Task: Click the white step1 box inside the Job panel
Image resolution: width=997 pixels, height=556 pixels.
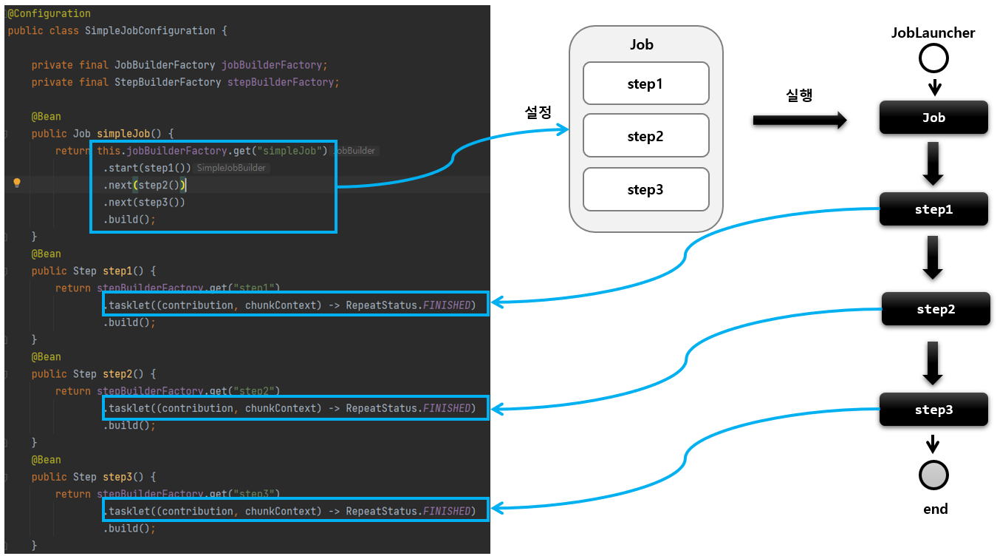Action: click(645, 84)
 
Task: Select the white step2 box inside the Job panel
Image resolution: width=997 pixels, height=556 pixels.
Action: click(645, 136)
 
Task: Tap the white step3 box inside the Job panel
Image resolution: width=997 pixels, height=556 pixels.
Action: click(645, 189)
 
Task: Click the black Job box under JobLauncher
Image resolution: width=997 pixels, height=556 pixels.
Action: click(933, 118)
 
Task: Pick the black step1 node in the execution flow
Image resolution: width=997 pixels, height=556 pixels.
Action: click(933, 209)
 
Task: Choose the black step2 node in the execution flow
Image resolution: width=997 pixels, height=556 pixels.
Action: click(936, 309)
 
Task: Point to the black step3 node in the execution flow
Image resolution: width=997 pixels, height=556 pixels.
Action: click(933, 410)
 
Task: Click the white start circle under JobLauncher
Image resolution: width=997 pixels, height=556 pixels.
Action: click(933, 58)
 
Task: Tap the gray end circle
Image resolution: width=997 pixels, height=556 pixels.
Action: click(933, 475)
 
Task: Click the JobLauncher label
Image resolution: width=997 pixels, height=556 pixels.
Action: click(933, 33)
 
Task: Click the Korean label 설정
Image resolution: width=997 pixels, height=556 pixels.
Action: click(538, 112)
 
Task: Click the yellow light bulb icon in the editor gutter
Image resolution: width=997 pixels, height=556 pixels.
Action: click(17, 184)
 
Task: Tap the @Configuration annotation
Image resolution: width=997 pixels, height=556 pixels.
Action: click(49, 13)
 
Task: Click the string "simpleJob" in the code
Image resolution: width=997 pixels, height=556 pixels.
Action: click(295, 151)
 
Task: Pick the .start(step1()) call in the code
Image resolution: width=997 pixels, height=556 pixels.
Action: click(148, 168)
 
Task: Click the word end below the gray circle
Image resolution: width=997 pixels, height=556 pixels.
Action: click(935, 509)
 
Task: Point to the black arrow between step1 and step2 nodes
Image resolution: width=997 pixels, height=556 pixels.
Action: click(933, 257)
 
